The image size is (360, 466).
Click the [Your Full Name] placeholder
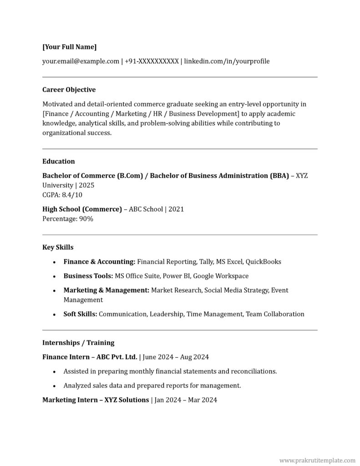click(69, 47)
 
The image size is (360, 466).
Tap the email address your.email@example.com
click(81, 61)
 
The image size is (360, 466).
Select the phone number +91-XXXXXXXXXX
click(152, 61)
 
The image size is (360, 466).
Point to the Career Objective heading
click(69, 90)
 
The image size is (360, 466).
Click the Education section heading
click(59, 161)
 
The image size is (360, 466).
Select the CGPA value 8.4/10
click(72, 195)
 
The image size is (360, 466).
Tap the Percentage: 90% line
click(68, 218)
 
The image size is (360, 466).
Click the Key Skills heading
click(58, 247)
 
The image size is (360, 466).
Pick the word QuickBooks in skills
click(264, 262)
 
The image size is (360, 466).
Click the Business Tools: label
click(88, 276)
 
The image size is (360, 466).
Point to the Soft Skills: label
click(80, 314)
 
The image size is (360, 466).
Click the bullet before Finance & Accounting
click(54, 262)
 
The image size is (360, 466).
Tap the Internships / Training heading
click(78, 342)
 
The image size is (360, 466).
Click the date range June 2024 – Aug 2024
click(176, 357)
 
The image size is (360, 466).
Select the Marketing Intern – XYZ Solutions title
click(96, 400)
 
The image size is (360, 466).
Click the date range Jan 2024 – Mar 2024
click(185, 400)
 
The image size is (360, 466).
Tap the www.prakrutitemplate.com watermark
click(317, 461)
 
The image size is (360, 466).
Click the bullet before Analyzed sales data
click(54, 386)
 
